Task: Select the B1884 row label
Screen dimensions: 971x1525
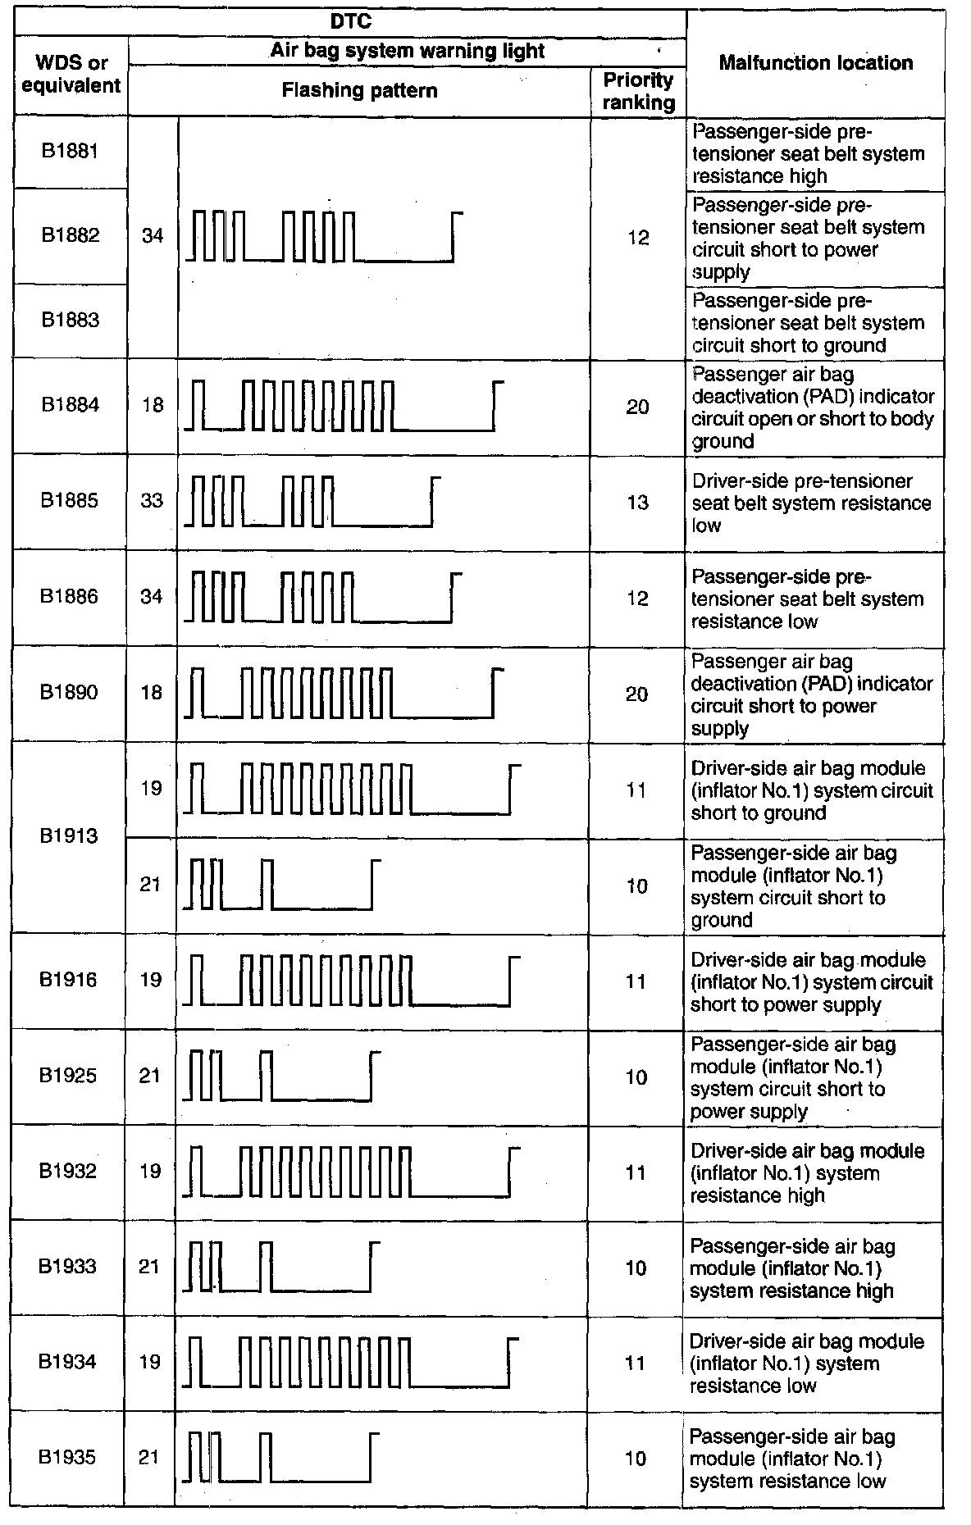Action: coord(71,404)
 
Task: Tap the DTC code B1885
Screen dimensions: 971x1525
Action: coord(70,500)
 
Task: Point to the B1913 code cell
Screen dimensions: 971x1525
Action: coord(70,835)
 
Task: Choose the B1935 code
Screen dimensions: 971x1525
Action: coord(68,1457)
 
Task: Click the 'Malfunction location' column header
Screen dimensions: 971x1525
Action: coord(815,63)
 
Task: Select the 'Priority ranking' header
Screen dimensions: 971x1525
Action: coord(638,91)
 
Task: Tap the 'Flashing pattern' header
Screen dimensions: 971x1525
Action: coord(359,90)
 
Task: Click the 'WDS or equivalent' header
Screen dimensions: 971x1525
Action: coord(71,75)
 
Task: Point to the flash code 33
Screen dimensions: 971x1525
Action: coord(152,500)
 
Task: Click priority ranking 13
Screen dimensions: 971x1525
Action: coord(637,502)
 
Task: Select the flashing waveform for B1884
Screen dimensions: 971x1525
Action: coord(343,405)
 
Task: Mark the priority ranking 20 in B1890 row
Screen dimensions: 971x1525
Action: coord(637,694)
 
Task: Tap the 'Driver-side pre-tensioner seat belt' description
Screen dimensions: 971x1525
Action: coord(810,503)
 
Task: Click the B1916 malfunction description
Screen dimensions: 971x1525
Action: coord(811,981)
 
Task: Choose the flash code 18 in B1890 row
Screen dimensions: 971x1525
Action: coord(152,693)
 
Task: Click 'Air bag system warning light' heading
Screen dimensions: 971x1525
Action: coord(408,51)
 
